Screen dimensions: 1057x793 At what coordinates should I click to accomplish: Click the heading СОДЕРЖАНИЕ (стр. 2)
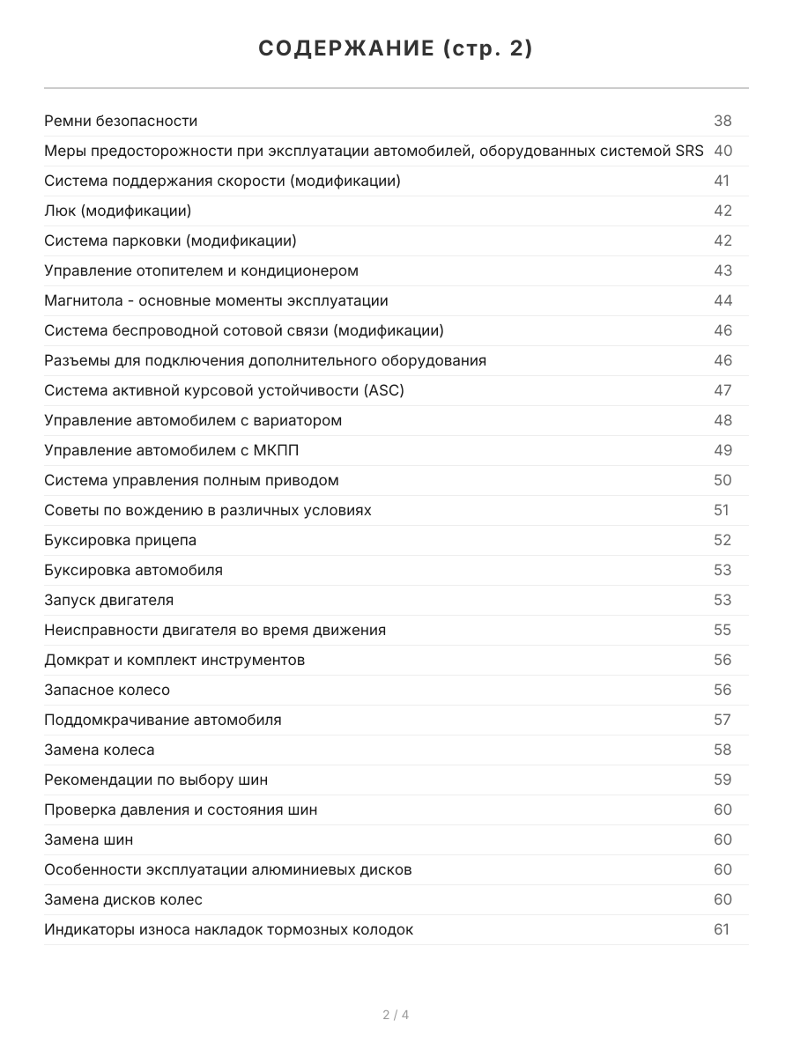click(x=396, y=49)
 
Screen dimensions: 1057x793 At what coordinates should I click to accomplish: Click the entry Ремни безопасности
click(x=121, y=121)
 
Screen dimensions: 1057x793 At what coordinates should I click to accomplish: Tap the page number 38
click(x=723, y=121)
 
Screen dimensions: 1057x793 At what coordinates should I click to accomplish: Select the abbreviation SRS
click(x=689, y=151)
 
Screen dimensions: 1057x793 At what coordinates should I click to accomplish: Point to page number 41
click(x=722, y=181)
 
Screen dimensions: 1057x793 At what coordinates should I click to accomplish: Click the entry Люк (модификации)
click(x=117, y=211)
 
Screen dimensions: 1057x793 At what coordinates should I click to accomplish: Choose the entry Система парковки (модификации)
click(x=170, y=240)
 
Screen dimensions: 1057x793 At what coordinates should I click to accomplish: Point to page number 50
click(x=723, y=480)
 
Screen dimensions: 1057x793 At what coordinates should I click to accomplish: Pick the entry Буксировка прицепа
click(x=120, y=540)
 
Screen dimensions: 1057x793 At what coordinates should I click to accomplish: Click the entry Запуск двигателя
click(x=108, y=600)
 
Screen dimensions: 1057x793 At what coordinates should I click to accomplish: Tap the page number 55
click(x=723, y=630)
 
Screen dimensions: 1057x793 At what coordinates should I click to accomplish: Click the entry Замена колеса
click(x=99, y=750)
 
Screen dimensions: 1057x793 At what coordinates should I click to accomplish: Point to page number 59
click(x=723, y=780)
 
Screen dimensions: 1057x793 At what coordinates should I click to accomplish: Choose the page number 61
click(x=722, y=929)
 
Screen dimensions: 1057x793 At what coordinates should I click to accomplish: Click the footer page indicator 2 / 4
click(x=396, y=1015)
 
